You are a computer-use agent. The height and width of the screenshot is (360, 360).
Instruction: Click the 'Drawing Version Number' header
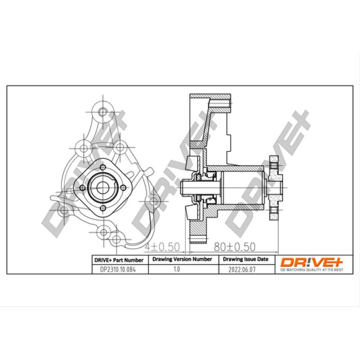(x=182, y=260)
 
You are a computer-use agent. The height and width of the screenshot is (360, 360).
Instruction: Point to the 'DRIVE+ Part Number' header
(x=118, y=260)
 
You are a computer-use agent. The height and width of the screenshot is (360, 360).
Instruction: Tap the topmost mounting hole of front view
(x=101, y=112)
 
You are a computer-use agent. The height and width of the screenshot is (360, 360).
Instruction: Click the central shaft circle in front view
(x=102, y=186)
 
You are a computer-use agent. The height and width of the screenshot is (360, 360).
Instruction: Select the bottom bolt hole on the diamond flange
(x=102, y=207)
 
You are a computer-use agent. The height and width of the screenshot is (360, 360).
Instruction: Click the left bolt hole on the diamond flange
(x=81, y=188)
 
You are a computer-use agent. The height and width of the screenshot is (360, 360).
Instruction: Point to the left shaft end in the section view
(x=183, y=186)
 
